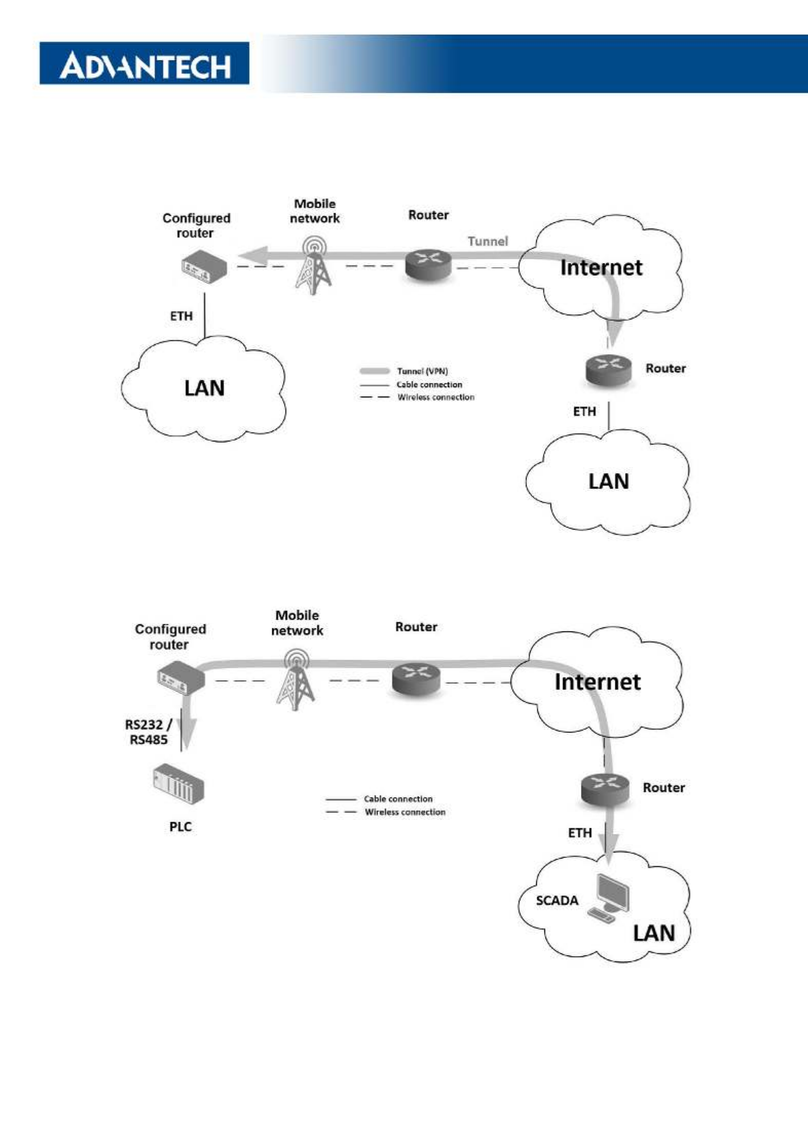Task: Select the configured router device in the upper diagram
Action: [x=204, y=268]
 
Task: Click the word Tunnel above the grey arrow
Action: [x=488, y=241]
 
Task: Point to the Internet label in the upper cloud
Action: [x=601, y=268]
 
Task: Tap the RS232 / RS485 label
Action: [x=148, y=732]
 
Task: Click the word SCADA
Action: [x=557, y=900]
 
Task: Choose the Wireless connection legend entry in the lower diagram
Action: [x=386, y=812]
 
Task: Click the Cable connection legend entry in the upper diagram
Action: [x=411, y=384]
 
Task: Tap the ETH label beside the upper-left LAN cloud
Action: [x=181, y=316]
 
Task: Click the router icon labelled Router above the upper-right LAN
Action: [x=608, y=370]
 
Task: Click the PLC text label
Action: [x=180, y=827]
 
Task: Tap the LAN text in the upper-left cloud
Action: [x=204, y=388]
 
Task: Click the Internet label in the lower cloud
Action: [x=597, y=682]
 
